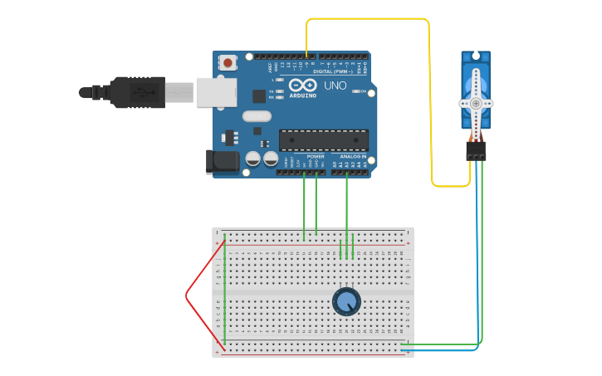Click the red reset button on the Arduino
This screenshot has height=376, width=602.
click(x=228, y=62)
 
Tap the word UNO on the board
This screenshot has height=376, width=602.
click(x=335, y=85)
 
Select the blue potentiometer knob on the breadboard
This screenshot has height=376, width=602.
click(x=346, y=301)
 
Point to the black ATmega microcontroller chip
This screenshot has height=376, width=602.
click(x=323, y=140)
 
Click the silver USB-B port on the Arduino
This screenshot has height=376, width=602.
click(x=216, y=92)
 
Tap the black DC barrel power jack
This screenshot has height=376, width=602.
click(x=222, y=161)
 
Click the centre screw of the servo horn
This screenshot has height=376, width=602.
click(x=476, y=104)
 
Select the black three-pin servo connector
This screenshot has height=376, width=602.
click(x=476, y=151)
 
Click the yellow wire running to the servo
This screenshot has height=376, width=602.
click(x=430, y=100)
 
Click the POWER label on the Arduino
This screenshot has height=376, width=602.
click(x=316, y=156)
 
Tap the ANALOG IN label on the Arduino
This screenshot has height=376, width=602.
click(x=352, y=156)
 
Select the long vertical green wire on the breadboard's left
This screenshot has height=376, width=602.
click(x=224, y=291)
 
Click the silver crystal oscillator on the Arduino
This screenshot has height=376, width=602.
click(x=257, y=116)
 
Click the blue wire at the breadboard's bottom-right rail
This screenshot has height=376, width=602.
click(x=440, y=350)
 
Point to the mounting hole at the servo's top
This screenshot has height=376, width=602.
click(x=476, y=56)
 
